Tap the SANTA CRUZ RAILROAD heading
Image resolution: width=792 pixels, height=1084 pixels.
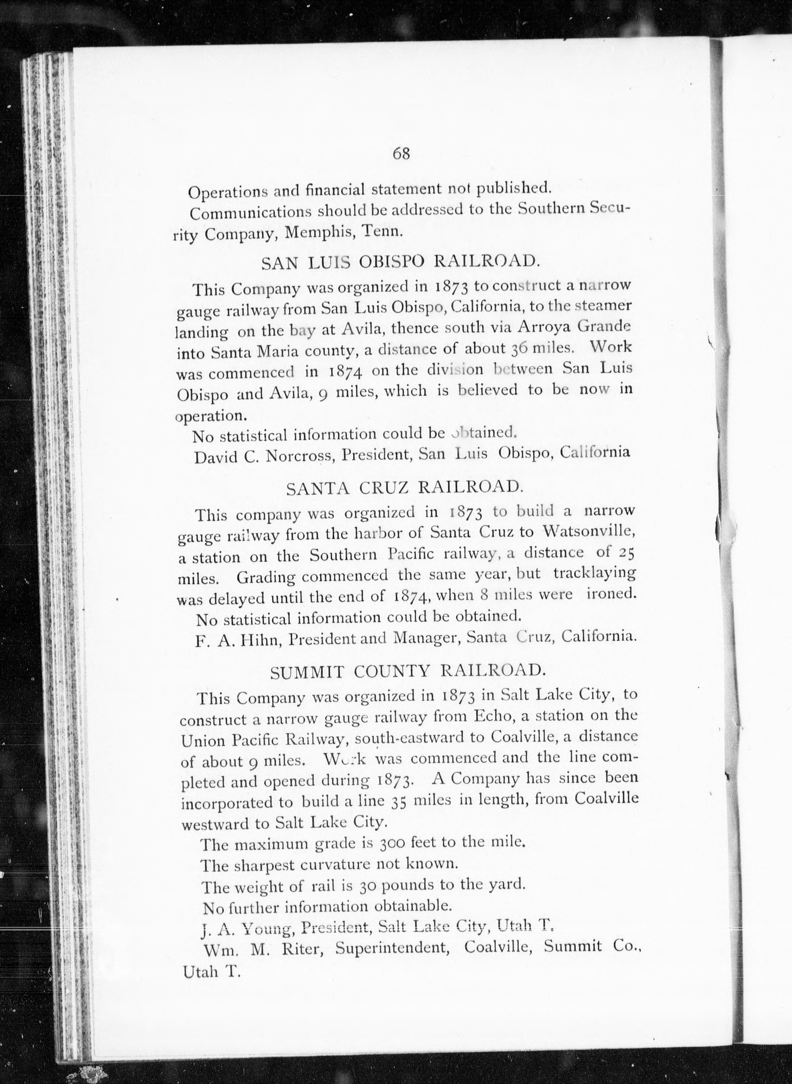point(403,487)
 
